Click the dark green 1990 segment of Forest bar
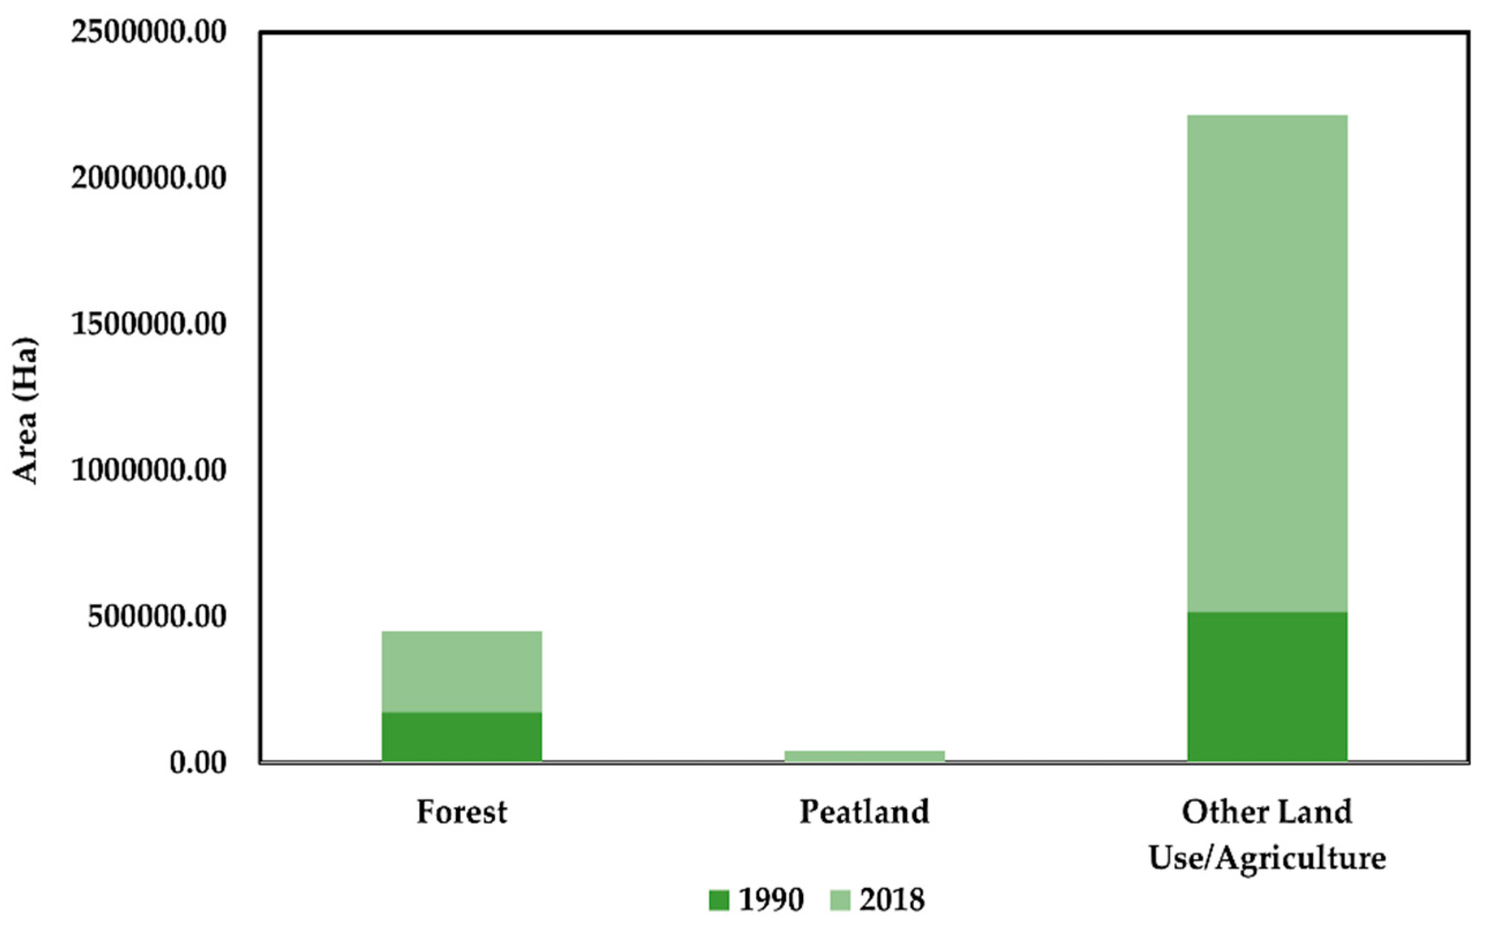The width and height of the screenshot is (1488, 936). (462, 736)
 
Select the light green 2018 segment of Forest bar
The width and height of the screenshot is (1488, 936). (462, 671)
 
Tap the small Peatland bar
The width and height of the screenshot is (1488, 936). (865, 755)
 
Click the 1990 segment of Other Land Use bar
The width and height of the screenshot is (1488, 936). (1267, 686)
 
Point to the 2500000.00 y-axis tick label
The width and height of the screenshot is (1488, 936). (149, 32)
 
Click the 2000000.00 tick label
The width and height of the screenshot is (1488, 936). (149, 178)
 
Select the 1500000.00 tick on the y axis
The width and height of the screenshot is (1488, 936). (149, 324)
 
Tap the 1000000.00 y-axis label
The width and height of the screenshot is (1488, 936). (149, 470)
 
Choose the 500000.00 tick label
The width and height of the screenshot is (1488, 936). (157, 617)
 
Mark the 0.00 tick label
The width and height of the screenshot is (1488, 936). (198, 763)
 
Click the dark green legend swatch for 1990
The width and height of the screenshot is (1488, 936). (719, 900)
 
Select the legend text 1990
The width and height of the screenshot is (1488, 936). (771, 900)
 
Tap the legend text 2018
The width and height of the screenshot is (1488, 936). (892, 900)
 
